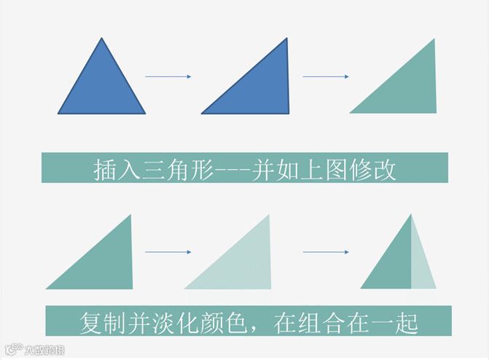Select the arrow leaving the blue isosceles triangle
pyautogui.click(x=168, y=77)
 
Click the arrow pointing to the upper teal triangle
pyautogui.click(x=325, y=77)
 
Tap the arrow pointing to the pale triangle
pyautogui.click(x=168, y=252)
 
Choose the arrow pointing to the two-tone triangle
pyautogui.click(x=325, y=252)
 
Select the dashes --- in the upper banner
pyautogui.click(x=232, y=171)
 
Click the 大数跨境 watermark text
pyautogui.click(x=42, y=349)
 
